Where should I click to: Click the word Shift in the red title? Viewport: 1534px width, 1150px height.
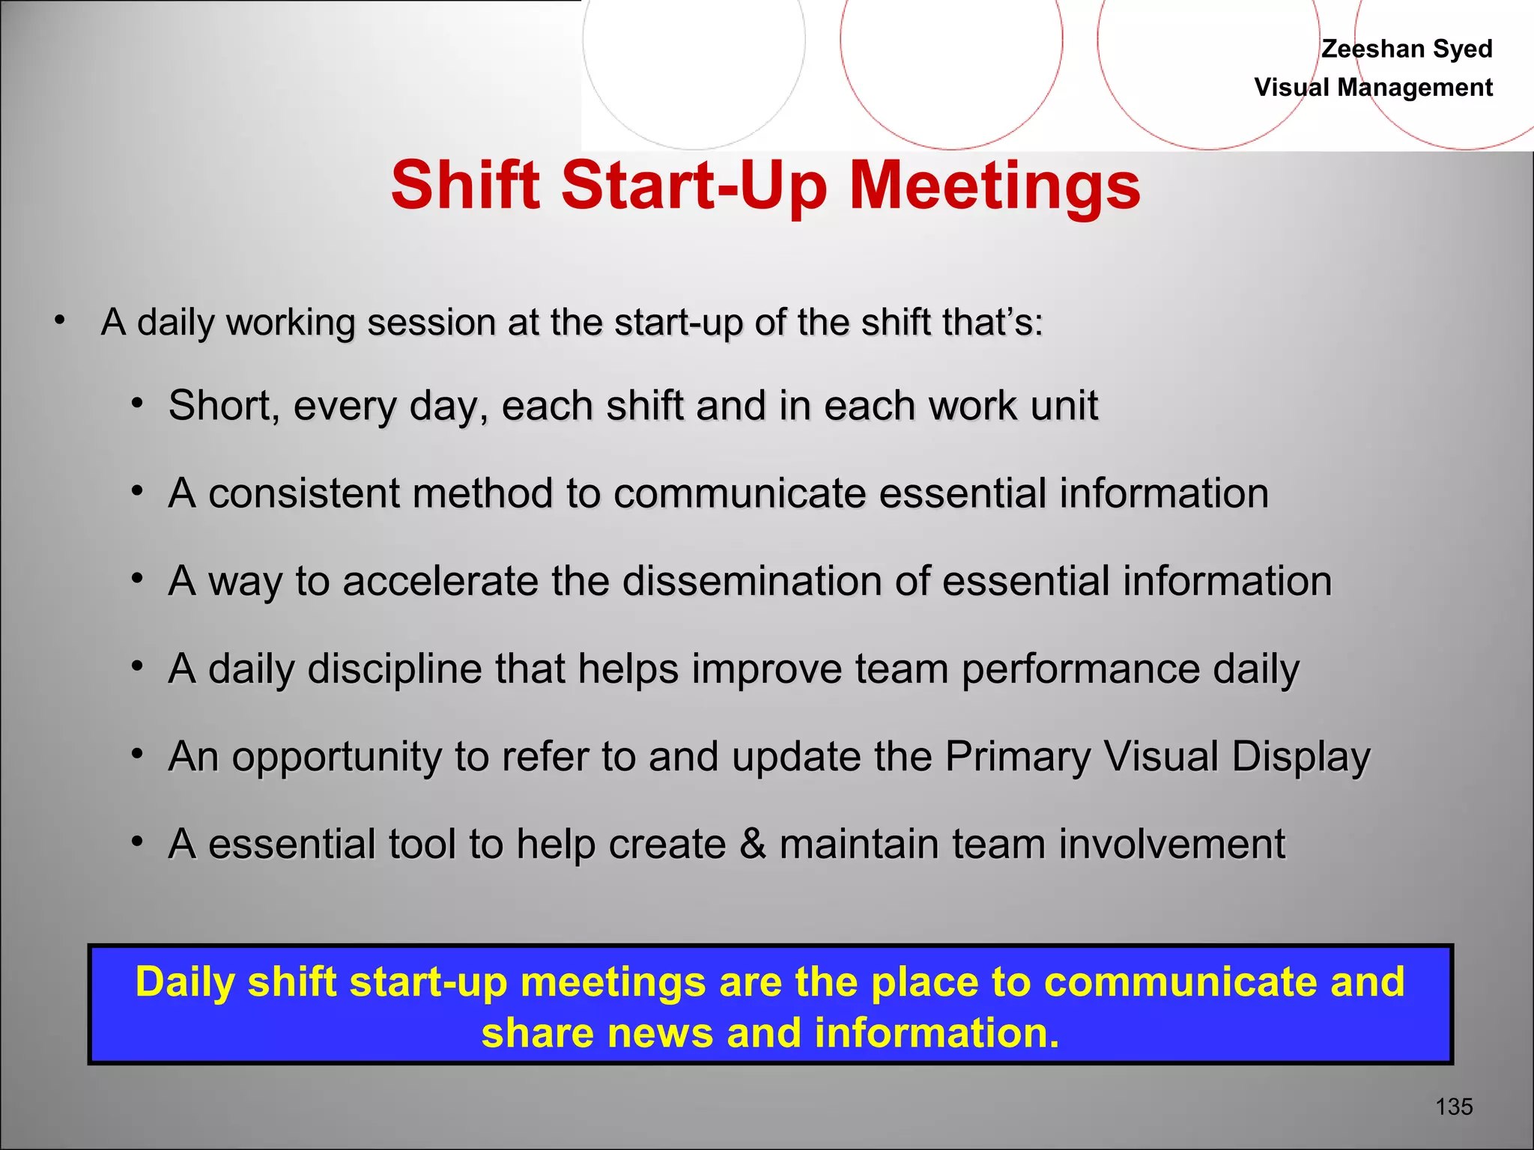tap(465, 185)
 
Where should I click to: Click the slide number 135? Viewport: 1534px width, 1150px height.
tap(1454, 1107)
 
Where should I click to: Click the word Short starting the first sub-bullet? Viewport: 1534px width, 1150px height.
tap(218, 406)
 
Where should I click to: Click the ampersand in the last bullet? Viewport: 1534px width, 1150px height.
tap(752, 845)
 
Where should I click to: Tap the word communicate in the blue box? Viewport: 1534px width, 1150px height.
tap(1180, 982)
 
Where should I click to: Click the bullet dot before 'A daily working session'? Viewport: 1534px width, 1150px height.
tap(60, 321)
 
